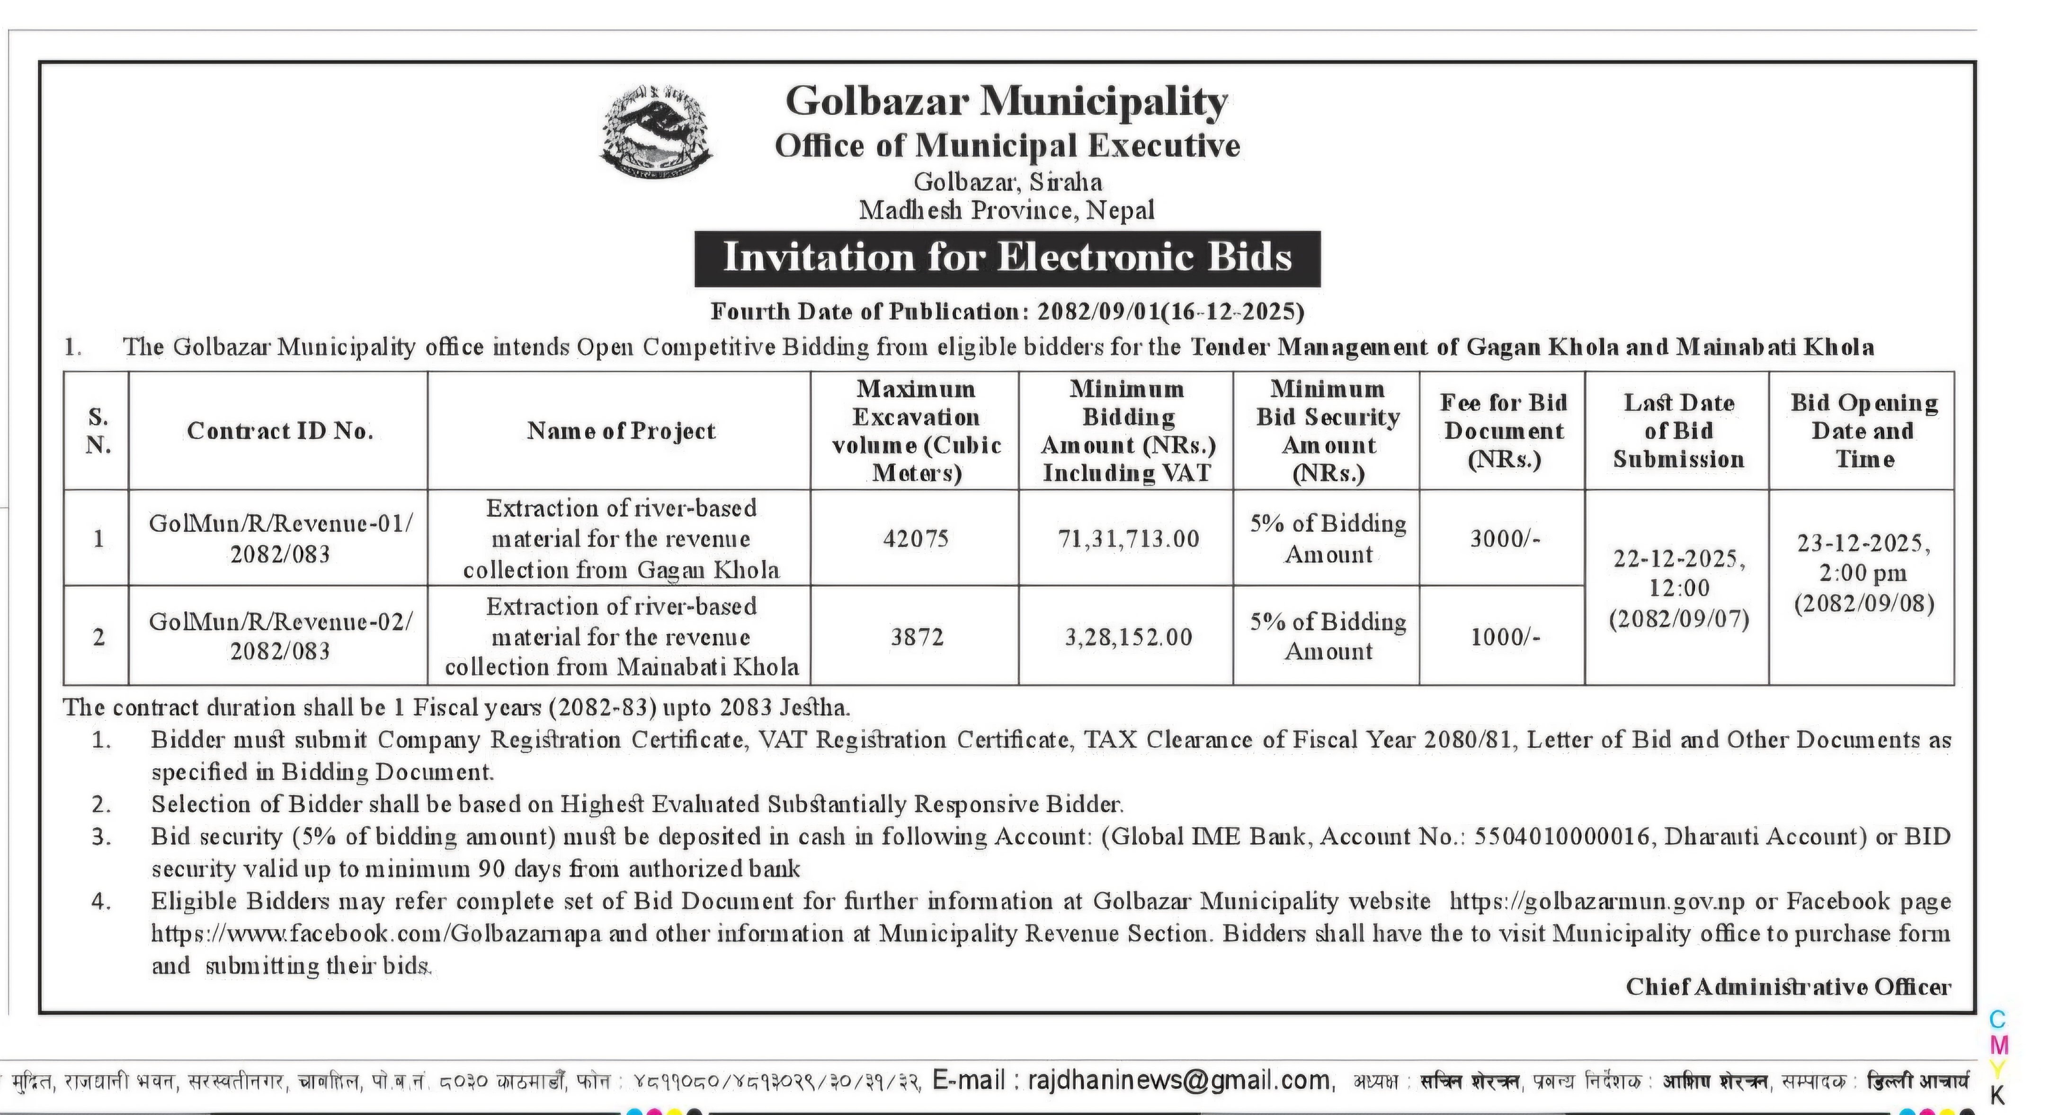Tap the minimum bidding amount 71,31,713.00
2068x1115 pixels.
coord(1128,539)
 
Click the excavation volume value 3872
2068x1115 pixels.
coord(916,637)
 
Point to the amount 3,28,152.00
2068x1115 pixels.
coord(1128,637)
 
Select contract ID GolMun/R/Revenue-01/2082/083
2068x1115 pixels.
coord(280,539)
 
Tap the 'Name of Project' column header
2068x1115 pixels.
coord(621,431)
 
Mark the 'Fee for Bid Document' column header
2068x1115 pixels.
coord(1504,431)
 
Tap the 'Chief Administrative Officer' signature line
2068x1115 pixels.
coord(1788,987)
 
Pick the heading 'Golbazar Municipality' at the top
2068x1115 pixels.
coord(1007,101)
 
